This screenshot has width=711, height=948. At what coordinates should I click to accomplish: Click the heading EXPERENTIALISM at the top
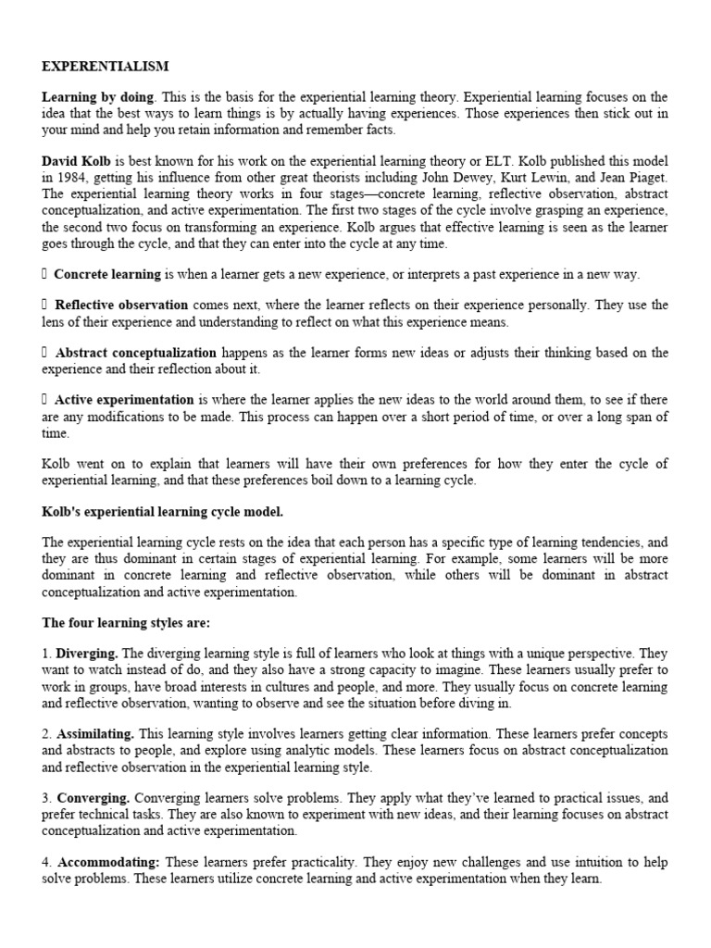coord(105,68)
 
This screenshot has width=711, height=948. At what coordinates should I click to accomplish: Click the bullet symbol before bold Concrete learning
coord(45,275)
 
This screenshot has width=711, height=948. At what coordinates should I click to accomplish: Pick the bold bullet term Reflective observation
coord(121,305)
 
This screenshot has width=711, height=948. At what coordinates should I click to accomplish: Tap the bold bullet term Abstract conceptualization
coord(135,353)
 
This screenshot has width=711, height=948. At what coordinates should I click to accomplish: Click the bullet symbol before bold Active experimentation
coord(45,401)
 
